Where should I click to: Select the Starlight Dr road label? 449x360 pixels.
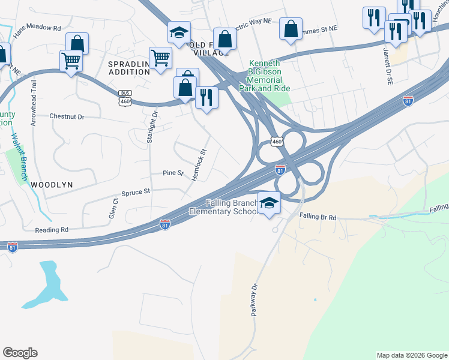tap(151, 128)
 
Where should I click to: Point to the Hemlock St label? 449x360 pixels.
tap(199, 165)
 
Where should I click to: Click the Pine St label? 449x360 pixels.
tap(173, 173)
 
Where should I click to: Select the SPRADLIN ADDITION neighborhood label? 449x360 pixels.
tap(128, 68)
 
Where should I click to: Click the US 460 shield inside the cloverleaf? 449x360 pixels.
tap(276, 142)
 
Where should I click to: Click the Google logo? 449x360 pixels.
tap(20, 353)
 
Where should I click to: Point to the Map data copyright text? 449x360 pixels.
tap(411, 355)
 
